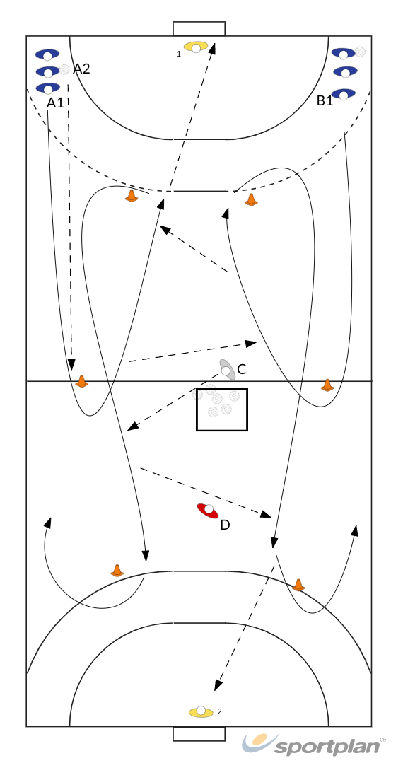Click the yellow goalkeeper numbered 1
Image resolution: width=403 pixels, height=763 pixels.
(196, 47)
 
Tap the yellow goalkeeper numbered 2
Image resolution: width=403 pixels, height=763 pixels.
(201, 712)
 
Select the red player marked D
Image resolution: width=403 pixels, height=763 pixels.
(209, 511)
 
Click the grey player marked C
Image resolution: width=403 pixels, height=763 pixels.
(227, 370)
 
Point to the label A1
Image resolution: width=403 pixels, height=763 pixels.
(55, 103)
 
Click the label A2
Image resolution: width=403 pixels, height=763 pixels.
(81, 69)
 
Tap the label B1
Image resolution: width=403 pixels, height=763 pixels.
(325, 100)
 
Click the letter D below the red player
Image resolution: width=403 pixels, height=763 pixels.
(225, 525)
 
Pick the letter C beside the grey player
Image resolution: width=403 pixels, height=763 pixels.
(241, 369)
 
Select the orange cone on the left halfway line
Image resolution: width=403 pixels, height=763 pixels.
(82, 381)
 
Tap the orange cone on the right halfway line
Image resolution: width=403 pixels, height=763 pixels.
(327, 385)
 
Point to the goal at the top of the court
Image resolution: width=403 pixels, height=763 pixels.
(199, 28)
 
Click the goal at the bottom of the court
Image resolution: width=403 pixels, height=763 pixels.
(199, 734)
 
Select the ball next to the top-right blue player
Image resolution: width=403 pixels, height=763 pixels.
(360, 52)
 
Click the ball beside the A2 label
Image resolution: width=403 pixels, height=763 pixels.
(64, 69)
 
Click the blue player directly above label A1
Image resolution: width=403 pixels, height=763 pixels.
(47, 88)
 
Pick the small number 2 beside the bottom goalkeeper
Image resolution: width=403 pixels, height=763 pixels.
(219, 711)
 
